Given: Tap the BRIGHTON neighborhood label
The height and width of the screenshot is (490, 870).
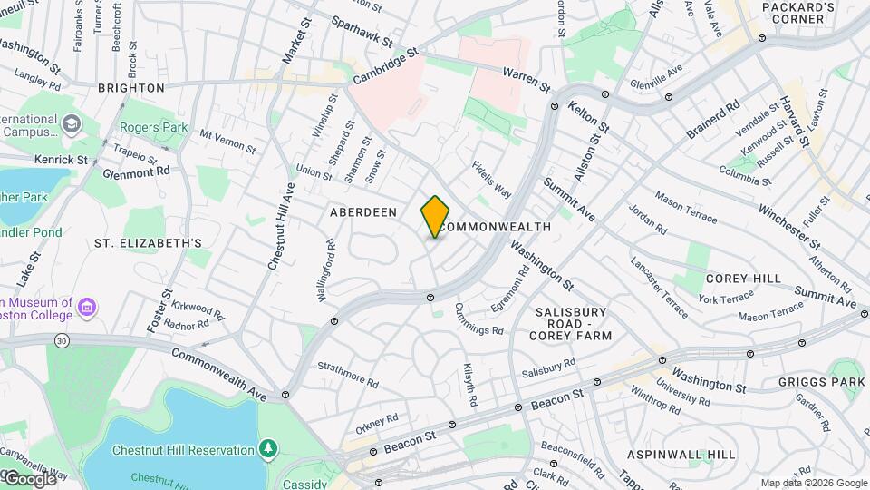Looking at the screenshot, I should pyautogui.click(x=131, y=88).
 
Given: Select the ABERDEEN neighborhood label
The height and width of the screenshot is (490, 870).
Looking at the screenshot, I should pyautogui.click(x=363, y=211).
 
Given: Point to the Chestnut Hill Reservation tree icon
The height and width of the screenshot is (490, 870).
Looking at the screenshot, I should pyautogui.click(x=268, y=449).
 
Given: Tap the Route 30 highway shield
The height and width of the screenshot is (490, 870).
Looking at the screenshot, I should pyautogui.click(x=61, y=339).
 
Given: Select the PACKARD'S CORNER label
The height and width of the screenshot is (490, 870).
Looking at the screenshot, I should pyautogui.click(x=797, y=13).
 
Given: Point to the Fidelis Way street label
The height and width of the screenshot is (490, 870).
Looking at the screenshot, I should pyautogui.click(x=491, y=180).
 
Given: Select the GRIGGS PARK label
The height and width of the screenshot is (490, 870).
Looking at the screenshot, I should pyautogui.click(x=822, y=382).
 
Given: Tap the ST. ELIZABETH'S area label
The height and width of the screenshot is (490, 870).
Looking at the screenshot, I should pyautogui.click(x=148, y=243).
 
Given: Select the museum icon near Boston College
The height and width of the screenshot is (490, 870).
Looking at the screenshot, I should pyautogui.click(x=87, y=307).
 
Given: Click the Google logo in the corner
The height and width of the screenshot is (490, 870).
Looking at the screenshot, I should pyautogui.click(x=29, y=478).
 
